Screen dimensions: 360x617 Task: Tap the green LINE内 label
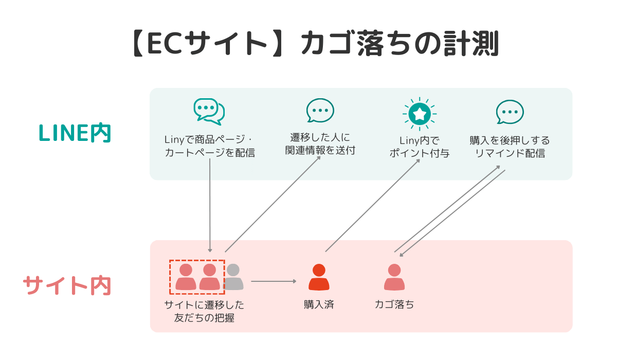coord(75,134)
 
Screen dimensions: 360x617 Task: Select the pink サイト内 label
coord(67,286)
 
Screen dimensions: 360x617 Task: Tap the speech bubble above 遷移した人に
coord(320,110)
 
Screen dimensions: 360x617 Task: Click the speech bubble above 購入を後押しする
coord(510,112)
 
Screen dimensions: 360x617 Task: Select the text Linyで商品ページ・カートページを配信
coord(209,147)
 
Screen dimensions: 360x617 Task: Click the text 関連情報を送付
coord(320,151)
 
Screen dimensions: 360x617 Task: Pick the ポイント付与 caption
coord(420,153)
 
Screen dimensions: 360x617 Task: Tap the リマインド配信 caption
coord(510,153)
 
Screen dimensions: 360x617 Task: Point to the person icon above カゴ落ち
coord(394,277)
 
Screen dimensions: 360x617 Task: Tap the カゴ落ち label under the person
coord(394,304)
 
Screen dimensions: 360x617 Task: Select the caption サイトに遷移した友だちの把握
coord(204,311)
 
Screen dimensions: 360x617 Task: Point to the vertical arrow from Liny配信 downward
coord(210,206)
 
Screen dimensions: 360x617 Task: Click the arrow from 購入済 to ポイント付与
coord(373,205)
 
